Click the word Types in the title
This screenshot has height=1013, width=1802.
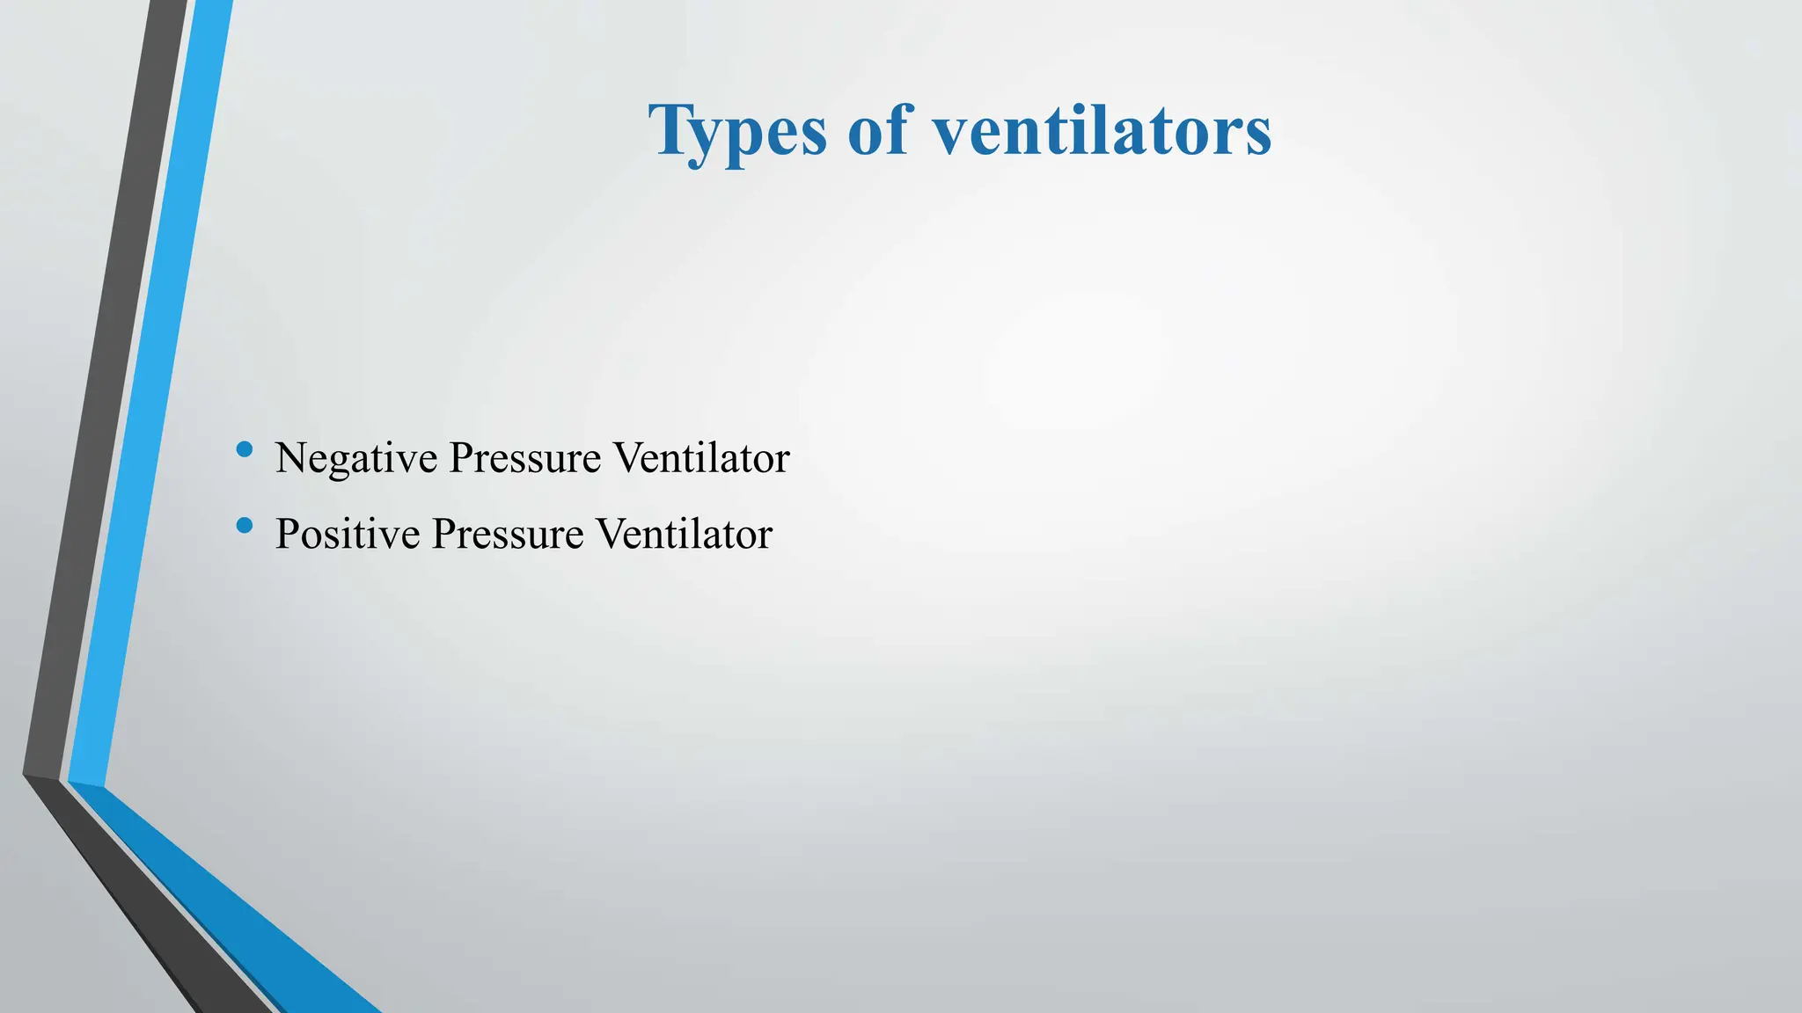(x=737, y=132)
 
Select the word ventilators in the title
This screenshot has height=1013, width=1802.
(x=1102, y=132)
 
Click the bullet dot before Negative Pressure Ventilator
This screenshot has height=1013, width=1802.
(x=245, y=450)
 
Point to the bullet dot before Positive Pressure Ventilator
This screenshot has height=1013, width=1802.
(x=245, y=526)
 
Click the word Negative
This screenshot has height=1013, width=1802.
(x=355, y=459)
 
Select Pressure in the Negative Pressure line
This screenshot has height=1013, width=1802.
(x=525, y=459)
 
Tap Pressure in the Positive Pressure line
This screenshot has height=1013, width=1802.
(x=508, y=535)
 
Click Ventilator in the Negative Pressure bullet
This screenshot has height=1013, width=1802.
(x=701, y=459)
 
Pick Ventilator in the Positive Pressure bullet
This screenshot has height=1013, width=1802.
(x=684, y=535)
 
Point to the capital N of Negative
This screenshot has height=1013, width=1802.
(x=292, y=458)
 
